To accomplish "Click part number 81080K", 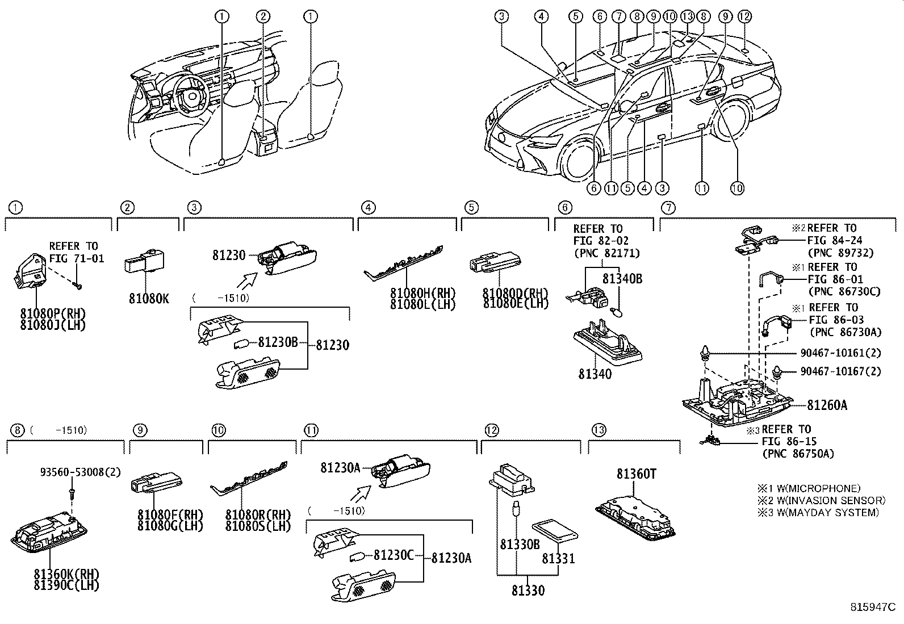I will (149, 299).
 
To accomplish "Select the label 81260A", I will (827, 405).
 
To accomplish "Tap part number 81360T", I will (636, 473).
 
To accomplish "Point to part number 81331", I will (558, 558).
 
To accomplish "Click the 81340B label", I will (622, 279).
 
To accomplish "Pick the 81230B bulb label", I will (278, 342).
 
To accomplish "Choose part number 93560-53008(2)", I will (80, 472).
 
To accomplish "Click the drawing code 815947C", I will (872, 608).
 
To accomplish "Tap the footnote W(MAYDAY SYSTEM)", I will (824, 513).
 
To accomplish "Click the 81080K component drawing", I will (141, 261).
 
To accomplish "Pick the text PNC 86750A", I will (798, 453).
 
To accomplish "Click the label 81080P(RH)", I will (52, 314).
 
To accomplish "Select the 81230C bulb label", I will (394, 555).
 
